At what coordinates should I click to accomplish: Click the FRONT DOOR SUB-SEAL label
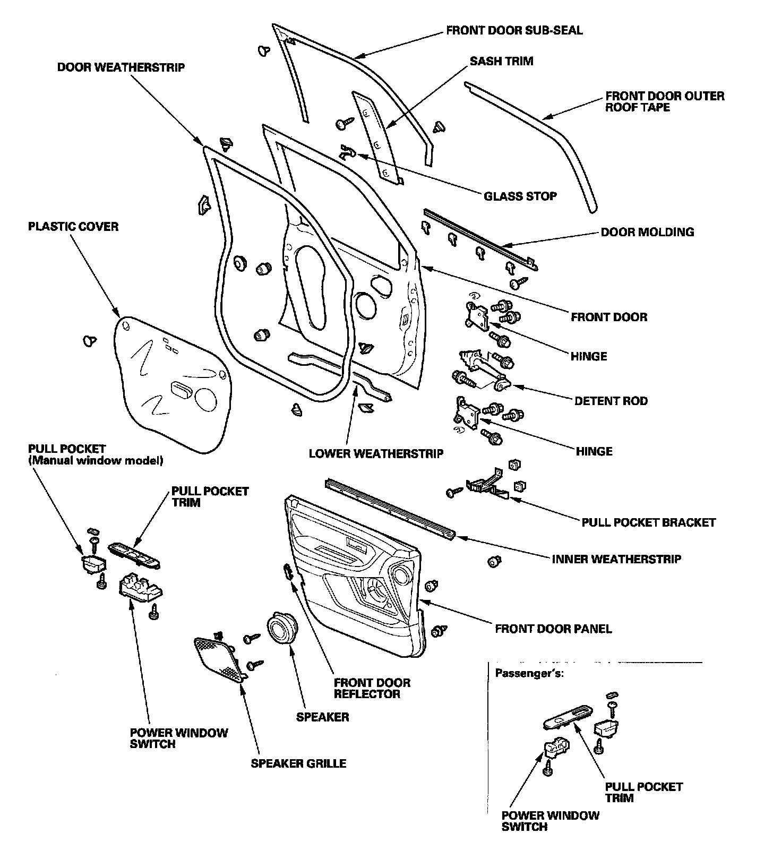pos(514,30)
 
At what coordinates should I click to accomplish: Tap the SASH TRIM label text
pos(501,61)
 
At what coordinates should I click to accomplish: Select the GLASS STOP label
pos(520,196)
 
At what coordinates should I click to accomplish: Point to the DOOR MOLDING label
pos(647,232)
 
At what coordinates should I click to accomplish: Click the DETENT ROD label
pos(611,401)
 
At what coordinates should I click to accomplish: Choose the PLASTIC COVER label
pos(73,227)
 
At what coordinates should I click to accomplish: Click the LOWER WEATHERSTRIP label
pos(376,454)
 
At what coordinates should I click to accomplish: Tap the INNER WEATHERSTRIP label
pos(616,559)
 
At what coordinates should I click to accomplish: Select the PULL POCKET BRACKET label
pos(648,522)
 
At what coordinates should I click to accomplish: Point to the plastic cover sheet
pos(170,388)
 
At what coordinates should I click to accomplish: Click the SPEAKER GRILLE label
pos(298,763)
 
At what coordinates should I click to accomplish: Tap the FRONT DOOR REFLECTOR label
pos(372,688)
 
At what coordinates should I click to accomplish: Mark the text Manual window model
pos(96,460)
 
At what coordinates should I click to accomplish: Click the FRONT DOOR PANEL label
pos(553,629)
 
